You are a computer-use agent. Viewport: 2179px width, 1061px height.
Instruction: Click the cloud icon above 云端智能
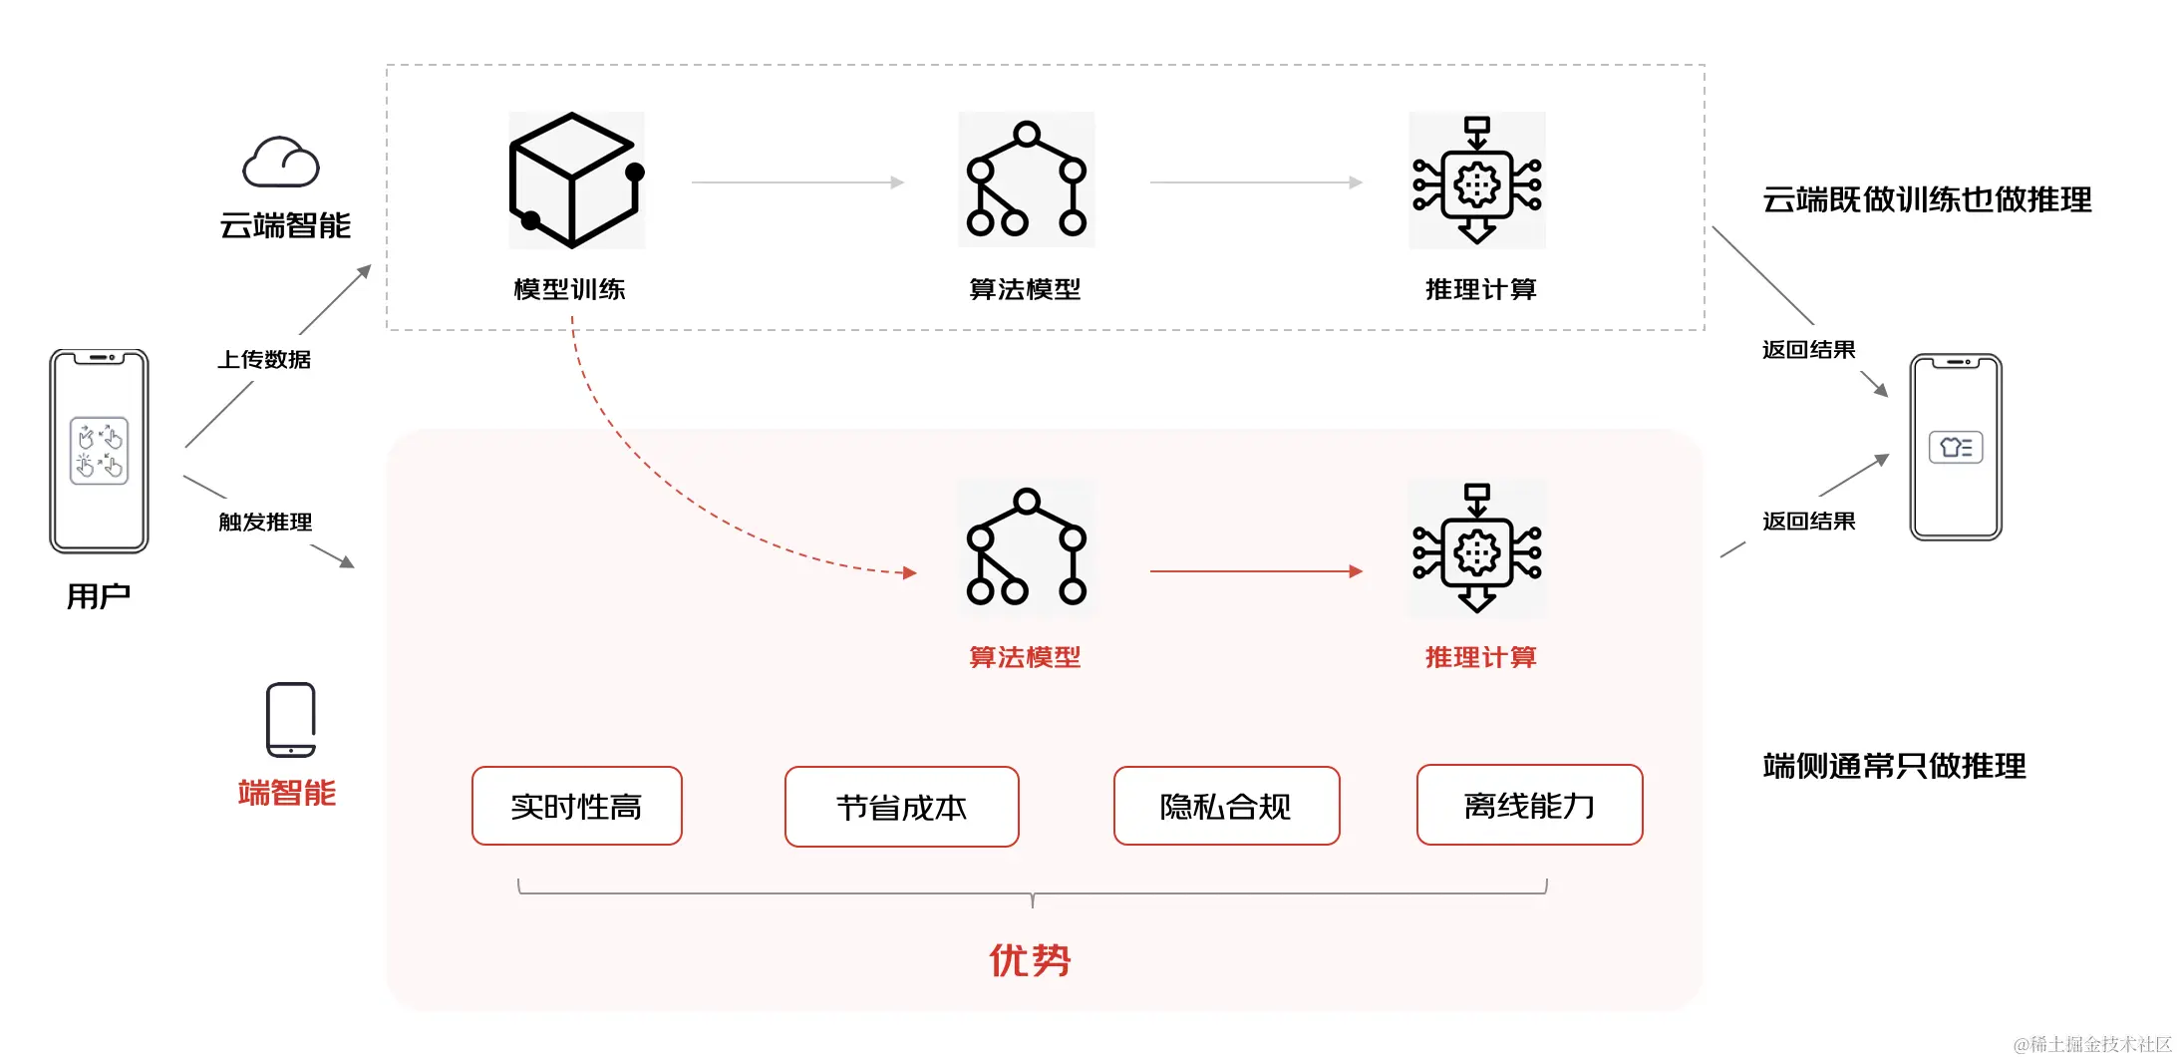(281, 163)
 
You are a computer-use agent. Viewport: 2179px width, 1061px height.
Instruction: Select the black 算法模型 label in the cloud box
(1025, 289)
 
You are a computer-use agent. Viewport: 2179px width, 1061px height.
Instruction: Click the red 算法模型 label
(1025, 657)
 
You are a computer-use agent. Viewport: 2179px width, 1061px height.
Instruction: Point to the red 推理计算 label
(1480, 657)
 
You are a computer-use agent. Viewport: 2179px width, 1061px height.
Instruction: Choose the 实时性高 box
(576, 806)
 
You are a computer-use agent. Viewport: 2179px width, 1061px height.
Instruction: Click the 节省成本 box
(901, 807)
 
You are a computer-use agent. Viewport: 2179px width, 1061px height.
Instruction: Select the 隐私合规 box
(1226, 806)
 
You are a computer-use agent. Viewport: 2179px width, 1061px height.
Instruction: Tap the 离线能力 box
(1529, 805)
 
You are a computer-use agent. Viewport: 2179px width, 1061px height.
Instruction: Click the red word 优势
(1030, 960)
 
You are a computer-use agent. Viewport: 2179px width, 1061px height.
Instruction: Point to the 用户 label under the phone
(98, 596)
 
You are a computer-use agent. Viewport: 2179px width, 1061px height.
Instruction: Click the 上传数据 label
(264, 359)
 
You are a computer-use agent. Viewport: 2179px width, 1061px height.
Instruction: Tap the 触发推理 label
(265, 522)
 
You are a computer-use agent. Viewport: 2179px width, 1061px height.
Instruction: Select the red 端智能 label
(287, 793)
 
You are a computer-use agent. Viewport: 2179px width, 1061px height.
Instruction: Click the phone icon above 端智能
(291, 720)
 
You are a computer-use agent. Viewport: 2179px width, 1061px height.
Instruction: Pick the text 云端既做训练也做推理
(1926, 199)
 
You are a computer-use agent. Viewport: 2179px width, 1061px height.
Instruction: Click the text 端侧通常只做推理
(1894, 766)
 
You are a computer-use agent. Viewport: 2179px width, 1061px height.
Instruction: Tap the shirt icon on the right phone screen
(1955, 447)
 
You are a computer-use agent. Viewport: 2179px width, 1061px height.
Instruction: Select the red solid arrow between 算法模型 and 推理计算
(1256, 571)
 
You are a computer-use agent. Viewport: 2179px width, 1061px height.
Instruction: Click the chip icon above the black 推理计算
(1476, 180)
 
